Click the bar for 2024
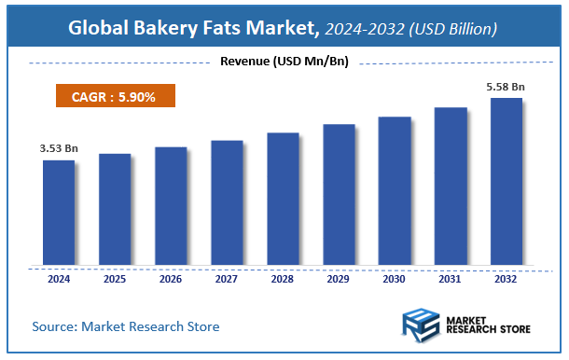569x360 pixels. click(59, 212)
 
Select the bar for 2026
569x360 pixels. click(171, 205)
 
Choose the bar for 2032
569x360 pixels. click(507, 181)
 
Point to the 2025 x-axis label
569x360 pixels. click(115, 278)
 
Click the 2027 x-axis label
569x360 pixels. click(227, 278)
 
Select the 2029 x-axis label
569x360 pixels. click(339, 278)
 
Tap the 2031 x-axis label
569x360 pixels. click(451, 278)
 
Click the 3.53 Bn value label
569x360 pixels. click(59, 147)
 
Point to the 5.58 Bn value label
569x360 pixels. click(507, 87)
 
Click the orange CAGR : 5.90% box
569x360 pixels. click(113, 95)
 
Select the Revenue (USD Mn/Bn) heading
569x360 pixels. click(284, 62)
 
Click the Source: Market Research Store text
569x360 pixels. click(126, 326)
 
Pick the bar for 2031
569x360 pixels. click(451, 186)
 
